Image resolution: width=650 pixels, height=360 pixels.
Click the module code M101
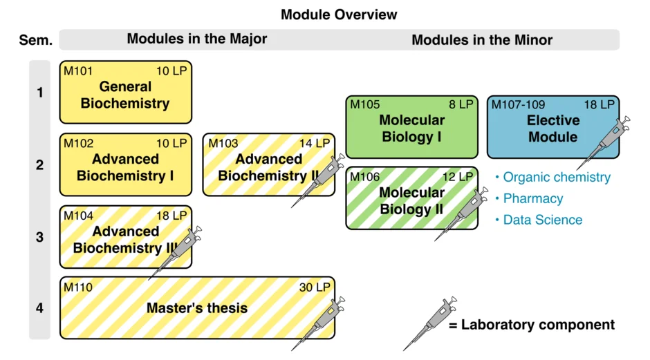coord(78,71)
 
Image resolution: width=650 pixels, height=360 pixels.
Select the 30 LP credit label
coord(315,287)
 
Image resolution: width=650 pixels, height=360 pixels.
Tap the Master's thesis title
coord(197,307)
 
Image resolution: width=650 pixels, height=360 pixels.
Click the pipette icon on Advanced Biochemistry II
coord(318,180)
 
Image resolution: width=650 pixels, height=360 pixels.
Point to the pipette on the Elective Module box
coord(603,143)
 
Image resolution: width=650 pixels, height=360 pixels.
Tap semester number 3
coord(40,237)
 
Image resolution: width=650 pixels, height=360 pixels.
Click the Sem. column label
coord(36,40)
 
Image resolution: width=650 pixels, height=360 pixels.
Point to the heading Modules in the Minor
coord(482,40)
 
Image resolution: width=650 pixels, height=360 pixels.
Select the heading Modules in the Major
coord(197,39)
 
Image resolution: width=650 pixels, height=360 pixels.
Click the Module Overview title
coord(339,15)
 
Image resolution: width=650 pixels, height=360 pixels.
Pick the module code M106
coord(365,177)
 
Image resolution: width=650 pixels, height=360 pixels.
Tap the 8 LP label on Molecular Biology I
coord(461,104)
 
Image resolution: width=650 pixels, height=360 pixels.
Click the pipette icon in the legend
coord(430,323)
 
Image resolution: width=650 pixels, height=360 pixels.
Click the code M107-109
coord(518,104)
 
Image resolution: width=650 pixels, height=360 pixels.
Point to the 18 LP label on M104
coord(171,216)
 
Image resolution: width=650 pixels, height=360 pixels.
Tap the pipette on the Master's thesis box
coord(318,323)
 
